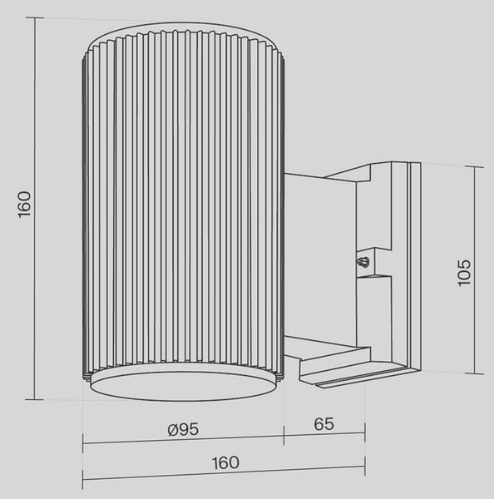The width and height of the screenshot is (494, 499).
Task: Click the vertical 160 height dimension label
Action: pyautogui.click(x=24, y=205)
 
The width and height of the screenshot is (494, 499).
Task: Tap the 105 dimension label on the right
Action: pyautogui.click(x=464, y=273)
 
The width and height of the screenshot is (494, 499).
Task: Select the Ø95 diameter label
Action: pyautogui.click(x=183, y=430)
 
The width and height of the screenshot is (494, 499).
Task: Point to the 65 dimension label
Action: pyautogui.click(x=324, y=424)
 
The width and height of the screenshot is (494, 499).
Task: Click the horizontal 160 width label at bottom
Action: pyautogui.click(x=225, y=462)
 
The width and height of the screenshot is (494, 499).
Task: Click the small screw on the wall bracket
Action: pyautogui.click(x=363, y=262)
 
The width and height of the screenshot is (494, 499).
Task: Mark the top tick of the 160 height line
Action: pyautogui.click(x=34, y=17)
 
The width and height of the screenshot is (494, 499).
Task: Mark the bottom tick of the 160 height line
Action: pyautogui.click(x=34, y=399)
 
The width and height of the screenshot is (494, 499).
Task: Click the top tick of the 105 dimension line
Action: pyautogui.click(x=474, y=167)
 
